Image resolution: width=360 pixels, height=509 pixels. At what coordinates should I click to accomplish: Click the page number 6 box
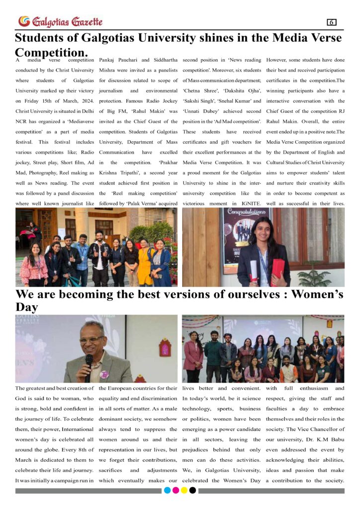pyautogui.click(x=332, y=22)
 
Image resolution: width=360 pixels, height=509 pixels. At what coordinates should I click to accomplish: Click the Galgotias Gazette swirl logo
pyautogui.click(x=23, y=21)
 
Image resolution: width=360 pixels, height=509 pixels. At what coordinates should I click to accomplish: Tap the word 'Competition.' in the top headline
pyautogui.click(x=52, y=52)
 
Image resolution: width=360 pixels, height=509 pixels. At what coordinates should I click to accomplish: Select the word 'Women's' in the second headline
pyautogui.click(x=317, y=294)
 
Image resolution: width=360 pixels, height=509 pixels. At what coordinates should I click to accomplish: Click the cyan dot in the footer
pyautogui.click(x=167, y=490)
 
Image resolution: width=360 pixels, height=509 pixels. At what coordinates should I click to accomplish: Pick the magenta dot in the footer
pyautogui.click(x=176, y=490)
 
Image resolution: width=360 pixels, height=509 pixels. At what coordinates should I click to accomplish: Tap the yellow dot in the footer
pyautogui.click(x=184, y=490)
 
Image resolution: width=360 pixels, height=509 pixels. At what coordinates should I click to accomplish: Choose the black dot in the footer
pyautogui.click(x=192, y=490)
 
